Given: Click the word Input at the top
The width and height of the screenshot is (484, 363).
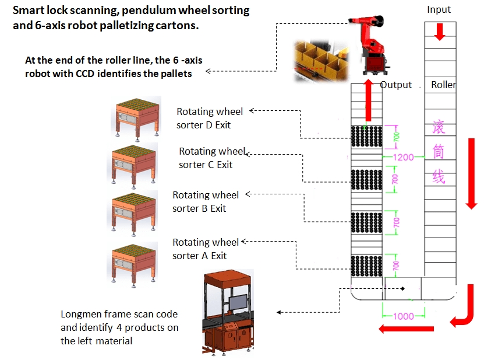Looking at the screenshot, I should click(x=439, y=9).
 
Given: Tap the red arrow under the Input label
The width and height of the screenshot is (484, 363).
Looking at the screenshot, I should click(x=440, y=32).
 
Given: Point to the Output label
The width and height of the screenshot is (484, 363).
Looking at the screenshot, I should click(x=396, y=85).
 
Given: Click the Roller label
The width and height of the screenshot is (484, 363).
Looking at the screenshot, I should click(x=443, y=85).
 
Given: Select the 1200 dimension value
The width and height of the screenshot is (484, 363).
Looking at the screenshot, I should click(x=403, y=157).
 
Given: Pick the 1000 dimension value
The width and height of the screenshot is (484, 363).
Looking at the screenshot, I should click(x=403, y=316).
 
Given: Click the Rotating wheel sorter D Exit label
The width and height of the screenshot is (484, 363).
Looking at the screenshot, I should click(x=210, y=118).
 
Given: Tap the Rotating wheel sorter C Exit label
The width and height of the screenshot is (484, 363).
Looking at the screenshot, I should click(x=212, y=158).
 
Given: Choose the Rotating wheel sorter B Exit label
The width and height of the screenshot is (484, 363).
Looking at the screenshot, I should click(x=206, y=202).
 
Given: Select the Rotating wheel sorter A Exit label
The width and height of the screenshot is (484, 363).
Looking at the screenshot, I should click(x=206, y=249).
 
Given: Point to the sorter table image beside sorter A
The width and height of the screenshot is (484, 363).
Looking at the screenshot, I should click(x=134, y=263).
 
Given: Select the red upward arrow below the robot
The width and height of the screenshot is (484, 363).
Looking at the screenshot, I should click(x=368, y=100).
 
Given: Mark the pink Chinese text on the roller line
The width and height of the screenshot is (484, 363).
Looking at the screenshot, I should click(x=439, y=152).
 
